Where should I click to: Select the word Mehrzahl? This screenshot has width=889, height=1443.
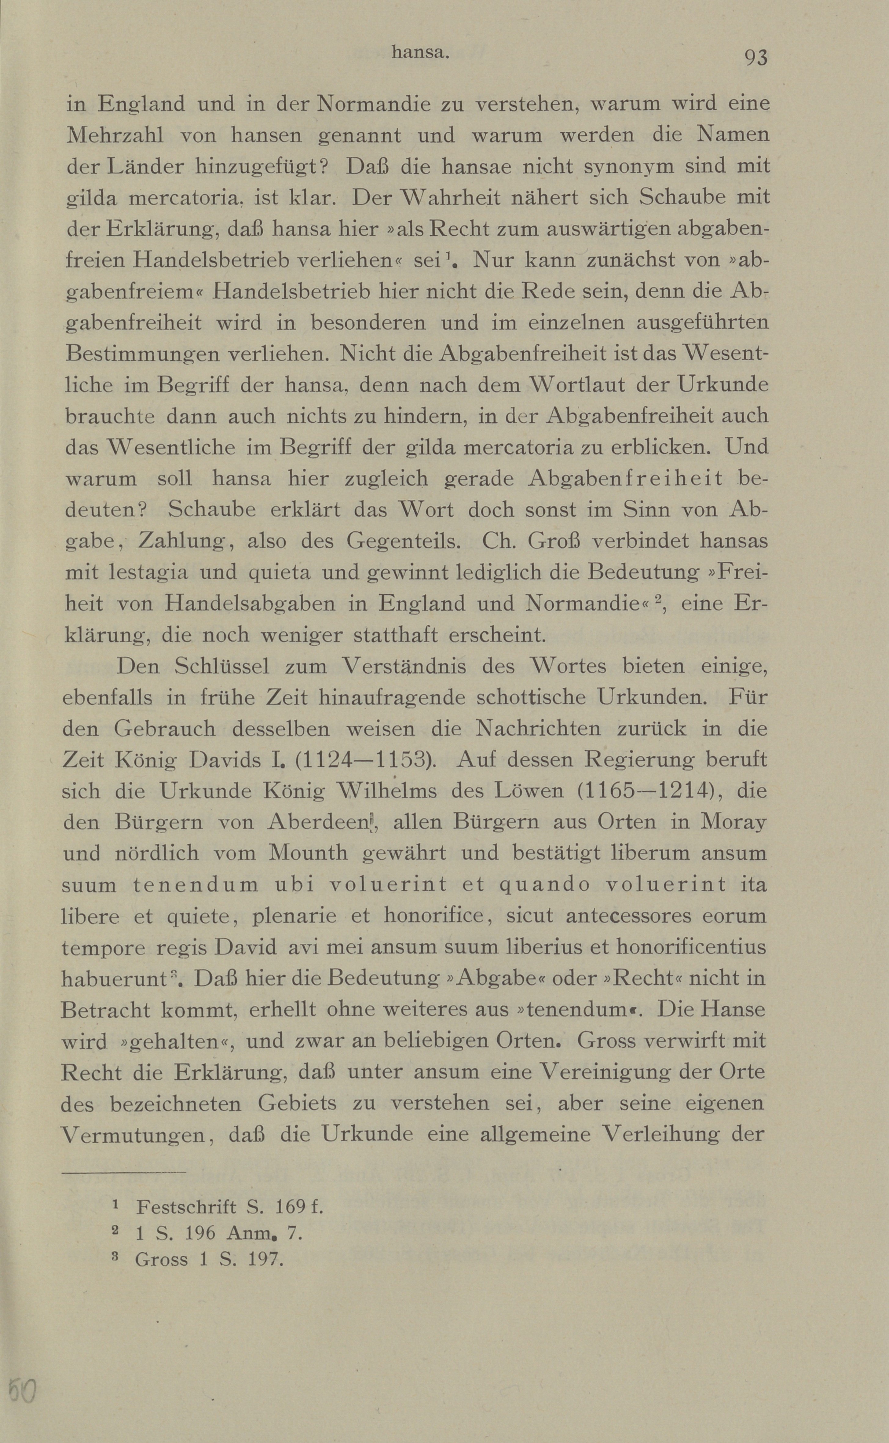click(115, 135)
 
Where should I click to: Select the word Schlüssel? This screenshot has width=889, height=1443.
click(222, 666)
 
